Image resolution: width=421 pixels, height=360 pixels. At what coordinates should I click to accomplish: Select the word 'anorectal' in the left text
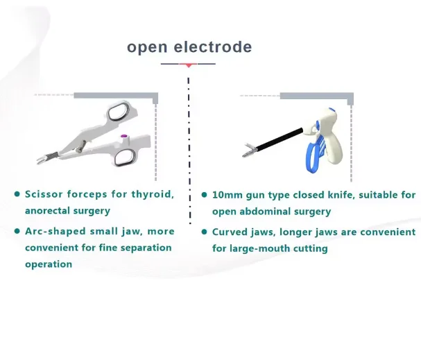tap(51, 210)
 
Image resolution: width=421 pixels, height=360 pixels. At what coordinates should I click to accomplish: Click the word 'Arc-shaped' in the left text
tap(53, 231)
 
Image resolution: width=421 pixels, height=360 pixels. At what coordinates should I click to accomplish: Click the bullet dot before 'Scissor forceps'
tap(17, 194)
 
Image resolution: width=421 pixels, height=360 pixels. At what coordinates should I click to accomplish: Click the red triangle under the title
tap(188, 65)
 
